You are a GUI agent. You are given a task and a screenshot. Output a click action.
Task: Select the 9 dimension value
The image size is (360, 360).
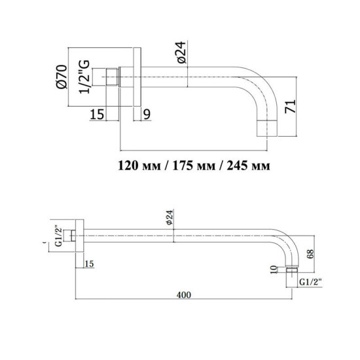pyautogui.click(x=146, y=115)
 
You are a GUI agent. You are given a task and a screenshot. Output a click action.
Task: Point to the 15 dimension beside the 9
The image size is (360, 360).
pyautogui.click(x=96, y=115)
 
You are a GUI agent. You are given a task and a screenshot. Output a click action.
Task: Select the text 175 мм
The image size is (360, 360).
pyautogui.click(x=194, y=164)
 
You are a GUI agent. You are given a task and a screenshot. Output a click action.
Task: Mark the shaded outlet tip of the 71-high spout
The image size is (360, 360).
pyautogui.click(x=270, y=127)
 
